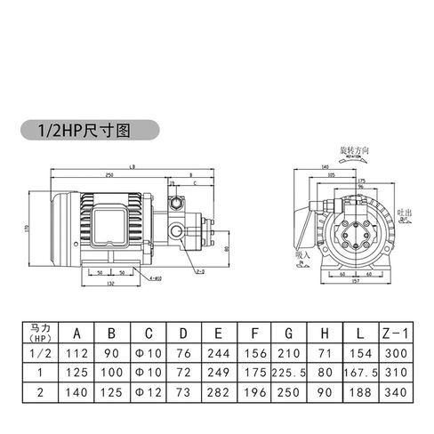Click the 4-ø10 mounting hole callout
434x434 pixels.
click(155, 278)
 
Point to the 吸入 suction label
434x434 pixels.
click(302, 254)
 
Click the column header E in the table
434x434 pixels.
click(217, 334)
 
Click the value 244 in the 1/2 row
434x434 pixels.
click(217, 354)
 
